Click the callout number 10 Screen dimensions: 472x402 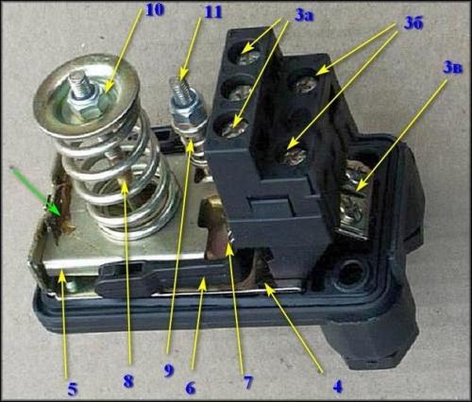(155, 9)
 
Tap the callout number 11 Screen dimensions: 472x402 (213, 12)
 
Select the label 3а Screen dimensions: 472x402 (304, 16)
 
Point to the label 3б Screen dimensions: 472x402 (413, 24)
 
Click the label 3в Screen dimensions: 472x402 (453, 68)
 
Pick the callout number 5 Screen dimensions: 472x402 (72, 390)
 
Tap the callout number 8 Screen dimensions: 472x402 (128, 381)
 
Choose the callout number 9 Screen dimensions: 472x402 (169, 371)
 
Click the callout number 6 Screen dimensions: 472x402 (191, 388)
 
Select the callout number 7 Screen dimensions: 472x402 (248, 382)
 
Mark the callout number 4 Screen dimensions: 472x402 (338, 387)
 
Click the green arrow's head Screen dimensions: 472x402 (53, 210)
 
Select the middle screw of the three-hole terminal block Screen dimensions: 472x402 (239, 92)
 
